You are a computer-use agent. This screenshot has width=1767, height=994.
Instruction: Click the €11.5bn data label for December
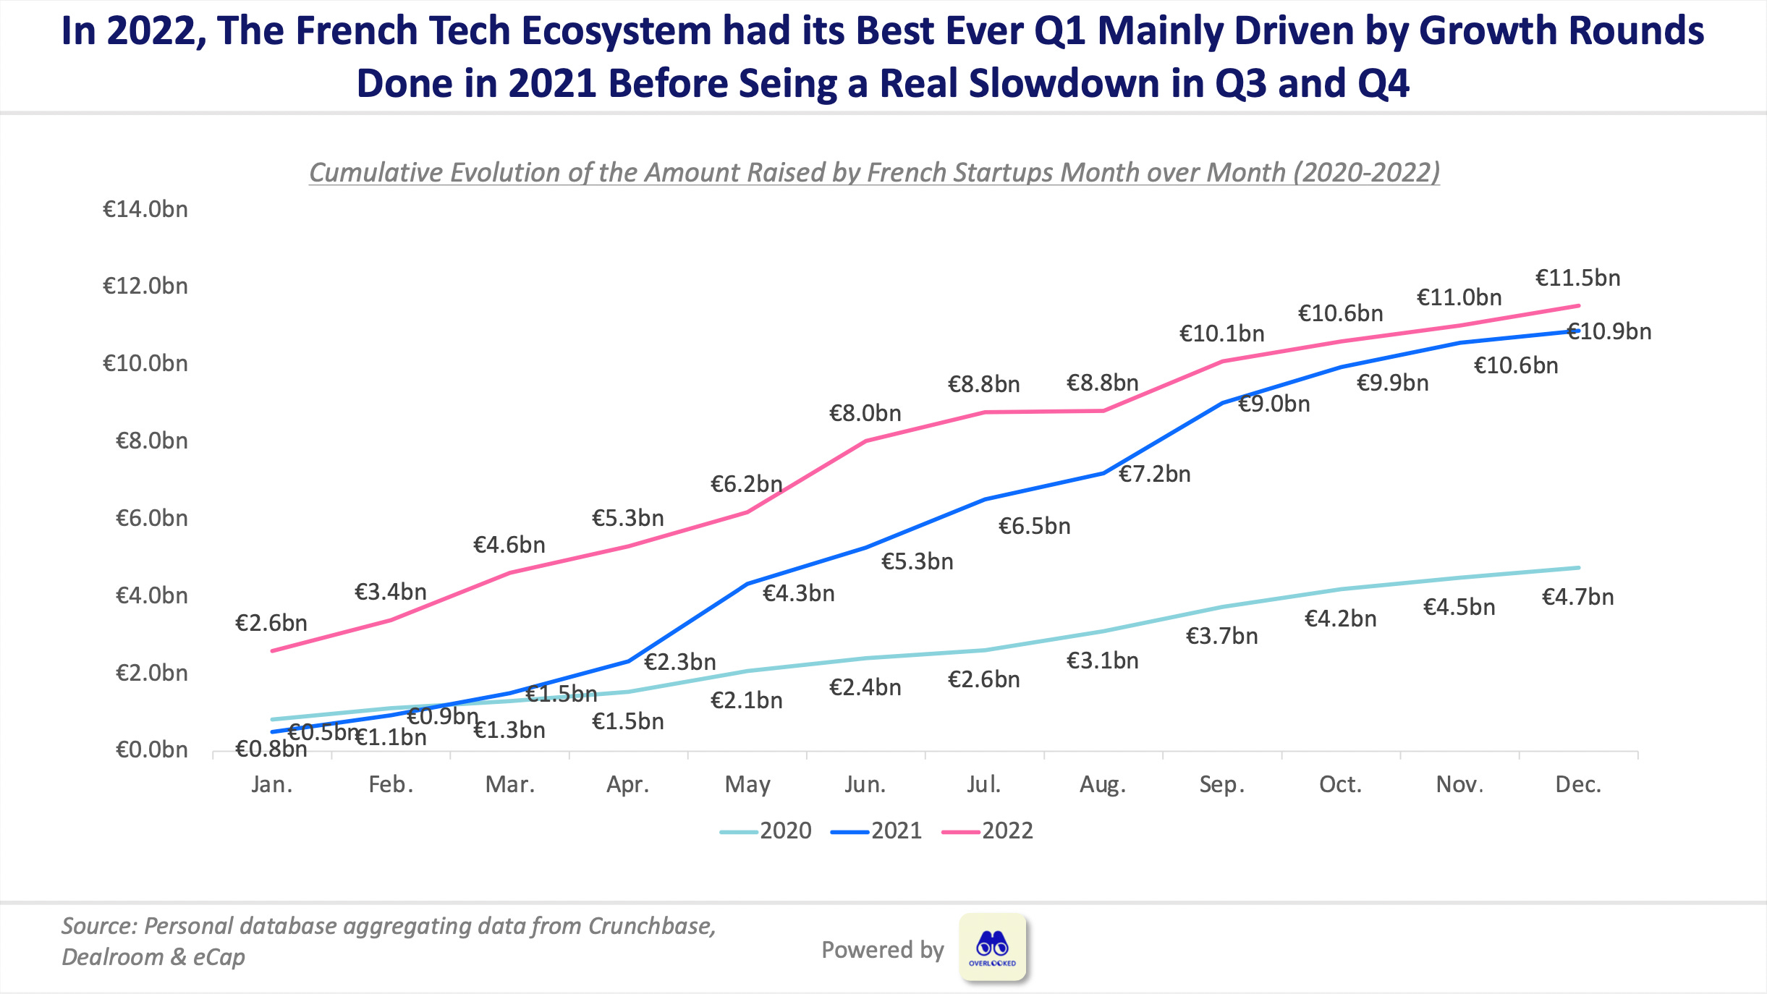coord(1577,278)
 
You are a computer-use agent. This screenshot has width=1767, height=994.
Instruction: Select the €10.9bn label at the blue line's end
coord(1610,331)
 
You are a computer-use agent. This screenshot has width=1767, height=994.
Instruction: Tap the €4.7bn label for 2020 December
coord(1577,597)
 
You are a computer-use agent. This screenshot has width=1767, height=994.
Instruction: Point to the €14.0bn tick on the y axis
coord(145,209)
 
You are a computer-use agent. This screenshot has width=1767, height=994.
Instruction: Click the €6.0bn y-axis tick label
coord(151,518)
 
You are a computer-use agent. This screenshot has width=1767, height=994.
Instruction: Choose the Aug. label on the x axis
coord(1102,784)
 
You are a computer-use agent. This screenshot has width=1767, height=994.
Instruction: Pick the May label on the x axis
coord(747,784)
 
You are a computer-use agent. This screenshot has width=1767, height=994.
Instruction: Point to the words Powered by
coord(882,950)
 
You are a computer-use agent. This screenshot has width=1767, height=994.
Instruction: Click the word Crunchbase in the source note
coord(651,926)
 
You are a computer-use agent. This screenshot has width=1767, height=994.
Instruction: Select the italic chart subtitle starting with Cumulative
coord(874,172)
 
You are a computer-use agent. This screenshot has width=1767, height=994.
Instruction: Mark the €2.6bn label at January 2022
coord(271,623)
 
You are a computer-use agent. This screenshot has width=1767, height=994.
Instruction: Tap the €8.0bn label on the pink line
coord(865,413)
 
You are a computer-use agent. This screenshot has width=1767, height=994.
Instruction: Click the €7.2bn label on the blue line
coord(1154,474)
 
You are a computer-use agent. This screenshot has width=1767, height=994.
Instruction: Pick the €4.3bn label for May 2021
coord(798,593)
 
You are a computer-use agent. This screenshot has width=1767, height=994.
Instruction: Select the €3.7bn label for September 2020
coord(1221,636)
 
